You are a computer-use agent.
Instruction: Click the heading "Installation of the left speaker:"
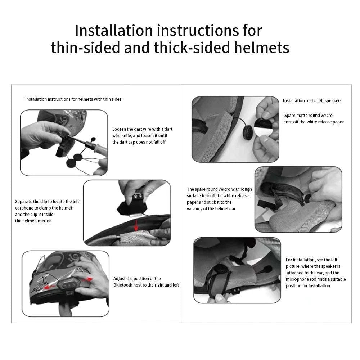[311, 101]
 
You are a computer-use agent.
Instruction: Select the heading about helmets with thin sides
[74, 99]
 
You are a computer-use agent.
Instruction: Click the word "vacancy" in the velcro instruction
[195, 209]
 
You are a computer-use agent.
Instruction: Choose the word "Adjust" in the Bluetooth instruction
[121, 279]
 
